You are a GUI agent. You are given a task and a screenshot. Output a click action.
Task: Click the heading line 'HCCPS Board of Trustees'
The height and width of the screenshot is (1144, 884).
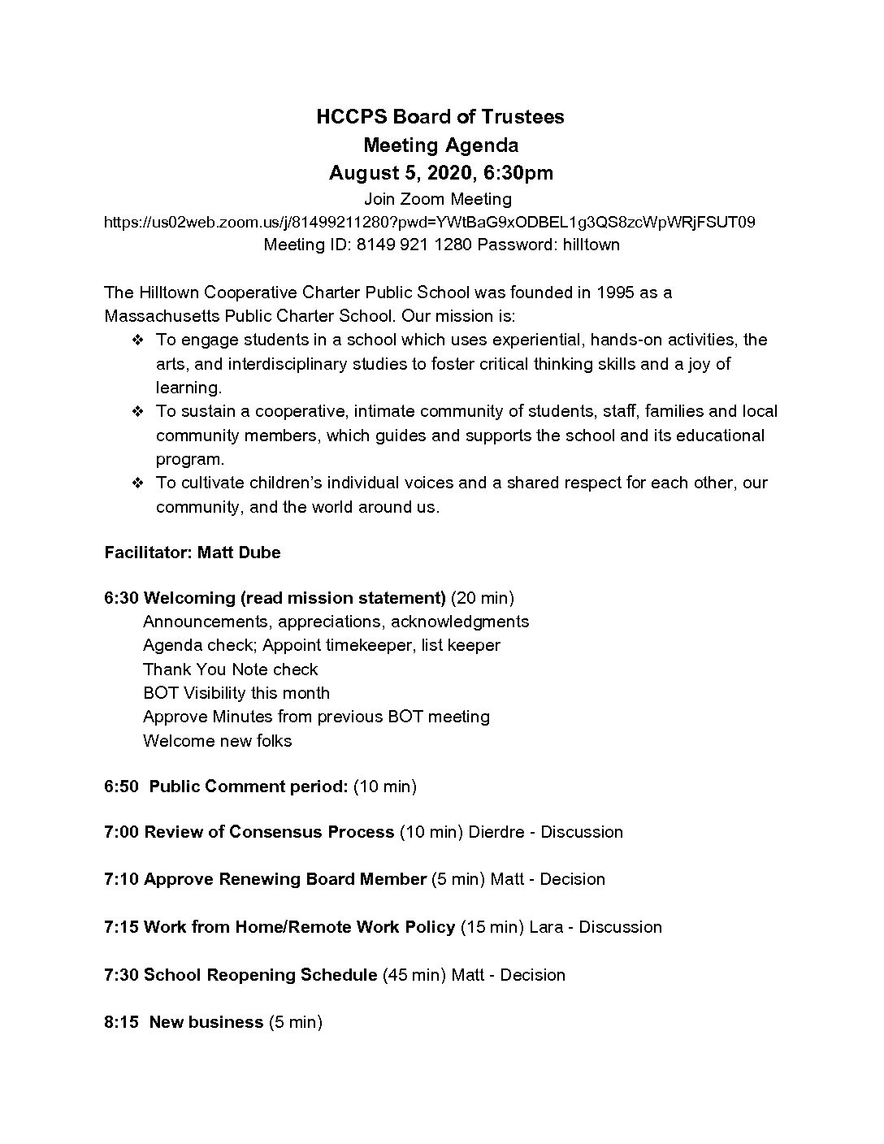(440, 117)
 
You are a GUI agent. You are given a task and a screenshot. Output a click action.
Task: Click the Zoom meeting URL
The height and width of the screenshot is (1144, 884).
(430, 222)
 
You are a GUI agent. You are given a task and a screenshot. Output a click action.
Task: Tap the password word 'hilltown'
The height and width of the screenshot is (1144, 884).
(591, 245)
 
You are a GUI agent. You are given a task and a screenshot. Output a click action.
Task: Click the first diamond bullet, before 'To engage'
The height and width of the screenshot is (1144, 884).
(138, 340)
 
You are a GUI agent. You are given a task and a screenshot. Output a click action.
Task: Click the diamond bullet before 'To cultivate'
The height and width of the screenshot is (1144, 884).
(138, 483)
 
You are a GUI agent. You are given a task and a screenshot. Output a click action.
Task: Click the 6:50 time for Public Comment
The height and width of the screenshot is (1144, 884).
(121, 786)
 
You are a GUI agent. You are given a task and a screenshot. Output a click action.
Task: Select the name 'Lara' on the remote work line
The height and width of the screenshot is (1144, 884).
(546, 927)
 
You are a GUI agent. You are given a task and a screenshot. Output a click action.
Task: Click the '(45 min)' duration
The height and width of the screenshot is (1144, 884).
(414, 975)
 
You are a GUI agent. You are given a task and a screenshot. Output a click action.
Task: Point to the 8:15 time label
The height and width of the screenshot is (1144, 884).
(121, 1022)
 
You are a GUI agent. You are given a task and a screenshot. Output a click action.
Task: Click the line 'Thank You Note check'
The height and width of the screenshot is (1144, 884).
(231, 669)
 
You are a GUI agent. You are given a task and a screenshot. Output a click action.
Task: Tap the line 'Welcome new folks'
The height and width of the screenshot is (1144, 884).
(217, 741)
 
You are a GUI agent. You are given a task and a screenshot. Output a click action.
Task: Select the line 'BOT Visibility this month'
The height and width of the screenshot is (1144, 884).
(236, 693)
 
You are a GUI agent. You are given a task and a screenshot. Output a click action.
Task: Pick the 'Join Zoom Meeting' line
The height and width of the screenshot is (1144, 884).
(438, 199)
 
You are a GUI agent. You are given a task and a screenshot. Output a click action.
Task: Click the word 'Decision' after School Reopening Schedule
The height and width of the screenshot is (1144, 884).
(533, 975)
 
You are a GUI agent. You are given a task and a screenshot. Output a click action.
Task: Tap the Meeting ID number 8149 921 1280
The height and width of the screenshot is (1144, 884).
(414, 245)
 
